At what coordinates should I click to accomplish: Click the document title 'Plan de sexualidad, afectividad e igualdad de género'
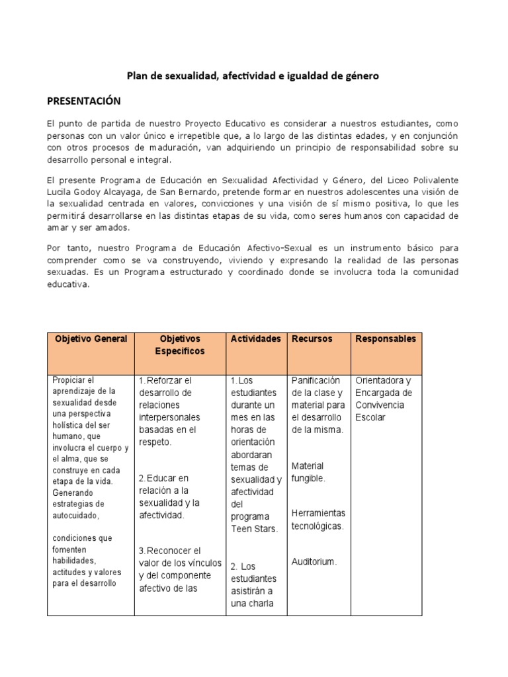click(253, 76)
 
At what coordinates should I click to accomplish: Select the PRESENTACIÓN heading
click(84, 100)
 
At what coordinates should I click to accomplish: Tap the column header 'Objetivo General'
click(91, 339)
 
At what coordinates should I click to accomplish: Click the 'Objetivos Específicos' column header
click(180, 345)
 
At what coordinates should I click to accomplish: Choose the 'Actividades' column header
click(255, 339)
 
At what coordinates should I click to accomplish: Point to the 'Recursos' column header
click(312, 339)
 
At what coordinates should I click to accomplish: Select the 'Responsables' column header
click(386, 339)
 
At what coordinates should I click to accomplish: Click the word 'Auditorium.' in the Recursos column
click(314, 562)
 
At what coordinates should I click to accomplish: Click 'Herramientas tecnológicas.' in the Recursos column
click(318, 520)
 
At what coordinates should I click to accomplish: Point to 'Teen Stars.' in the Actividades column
click(250, 529)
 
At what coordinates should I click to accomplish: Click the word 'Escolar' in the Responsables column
click(370, 418)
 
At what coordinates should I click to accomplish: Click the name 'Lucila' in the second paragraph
click(61, 192)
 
